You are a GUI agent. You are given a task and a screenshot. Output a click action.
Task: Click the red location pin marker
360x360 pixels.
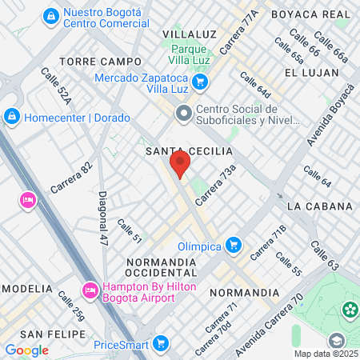179,165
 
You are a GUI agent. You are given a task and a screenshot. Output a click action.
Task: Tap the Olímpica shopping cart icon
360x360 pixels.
233,244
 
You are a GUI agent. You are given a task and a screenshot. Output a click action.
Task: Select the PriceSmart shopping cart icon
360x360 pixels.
161,343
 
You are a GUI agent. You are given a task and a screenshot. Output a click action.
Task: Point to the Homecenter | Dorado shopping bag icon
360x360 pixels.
11,118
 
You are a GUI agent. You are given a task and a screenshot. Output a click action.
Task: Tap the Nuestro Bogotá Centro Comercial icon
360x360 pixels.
50,15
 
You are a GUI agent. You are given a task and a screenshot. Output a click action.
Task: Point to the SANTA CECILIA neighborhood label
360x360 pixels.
189,150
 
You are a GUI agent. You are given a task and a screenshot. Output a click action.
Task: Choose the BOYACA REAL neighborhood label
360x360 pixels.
310,14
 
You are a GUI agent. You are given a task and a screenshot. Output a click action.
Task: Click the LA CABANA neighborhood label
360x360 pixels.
318,206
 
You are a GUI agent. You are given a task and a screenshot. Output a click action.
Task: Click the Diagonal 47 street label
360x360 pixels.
103,218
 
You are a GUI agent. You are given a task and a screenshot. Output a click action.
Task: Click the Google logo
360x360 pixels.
26,350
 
